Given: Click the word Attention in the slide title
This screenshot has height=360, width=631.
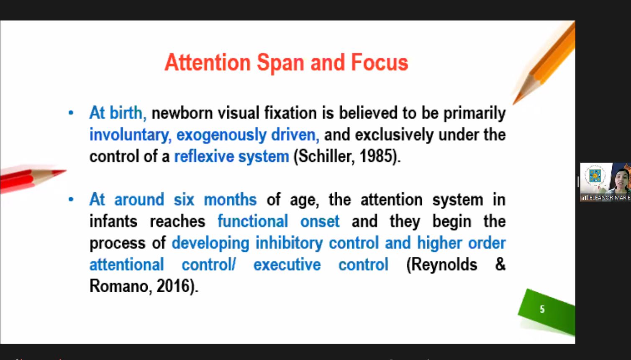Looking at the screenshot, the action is (208, 62).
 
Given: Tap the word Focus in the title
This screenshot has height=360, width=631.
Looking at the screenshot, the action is (380, 62).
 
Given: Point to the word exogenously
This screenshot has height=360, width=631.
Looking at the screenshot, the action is (221, 135).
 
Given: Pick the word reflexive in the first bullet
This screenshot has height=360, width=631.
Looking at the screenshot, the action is (204, 156).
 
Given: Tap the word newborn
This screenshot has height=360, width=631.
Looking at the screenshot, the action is (182, 113).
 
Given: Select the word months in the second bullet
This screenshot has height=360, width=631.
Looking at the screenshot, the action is (230, 200).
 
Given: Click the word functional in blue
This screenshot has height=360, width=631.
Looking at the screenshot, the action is (253, 221).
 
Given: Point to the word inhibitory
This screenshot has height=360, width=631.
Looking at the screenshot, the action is (289, 243).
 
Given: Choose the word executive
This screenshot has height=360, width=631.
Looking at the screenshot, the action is (287, 265).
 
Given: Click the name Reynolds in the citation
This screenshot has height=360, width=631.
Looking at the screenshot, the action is (442, 265).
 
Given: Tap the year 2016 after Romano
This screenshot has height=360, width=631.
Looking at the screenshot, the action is (173, 286).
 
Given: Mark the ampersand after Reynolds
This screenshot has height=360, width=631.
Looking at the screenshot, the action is (500, 264).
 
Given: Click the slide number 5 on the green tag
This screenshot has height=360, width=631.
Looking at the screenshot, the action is (542, 309).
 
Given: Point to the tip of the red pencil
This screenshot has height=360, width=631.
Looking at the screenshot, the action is (66, 170).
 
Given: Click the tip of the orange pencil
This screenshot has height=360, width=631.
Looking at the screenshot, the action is (513, 105).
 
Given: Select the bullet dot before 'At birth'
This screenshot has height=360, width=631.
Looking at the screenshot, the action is (71, 113).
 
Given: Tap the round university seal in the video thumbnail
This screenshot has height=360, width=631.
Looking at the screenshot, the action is (595, 176).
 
